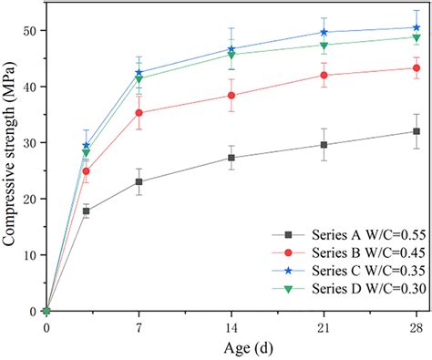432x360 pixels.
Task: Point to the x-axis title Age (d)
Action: [x=231, y=347]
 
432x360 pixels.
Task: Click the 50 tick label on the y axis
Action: [x=31, y=31]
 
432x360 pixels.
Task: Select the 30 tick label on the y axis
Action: [x=31, y=143]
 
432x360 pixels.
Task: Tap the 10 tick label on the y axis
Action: [x=31, y=255]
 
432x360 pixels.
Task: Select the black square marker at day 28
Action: [x=417, y=131]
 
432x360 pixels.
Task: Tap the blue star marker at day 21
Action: [x=324, y=32]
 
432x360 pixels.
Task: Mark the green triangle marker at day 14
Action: [x=231, y=55]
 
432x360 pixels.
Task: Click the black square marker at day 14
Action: [x=231, y=158]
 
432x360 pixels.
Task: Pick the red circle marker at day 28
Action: [x=417, y=68]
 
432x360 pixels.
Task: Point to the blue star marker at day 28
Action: [x=417, y=27]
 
